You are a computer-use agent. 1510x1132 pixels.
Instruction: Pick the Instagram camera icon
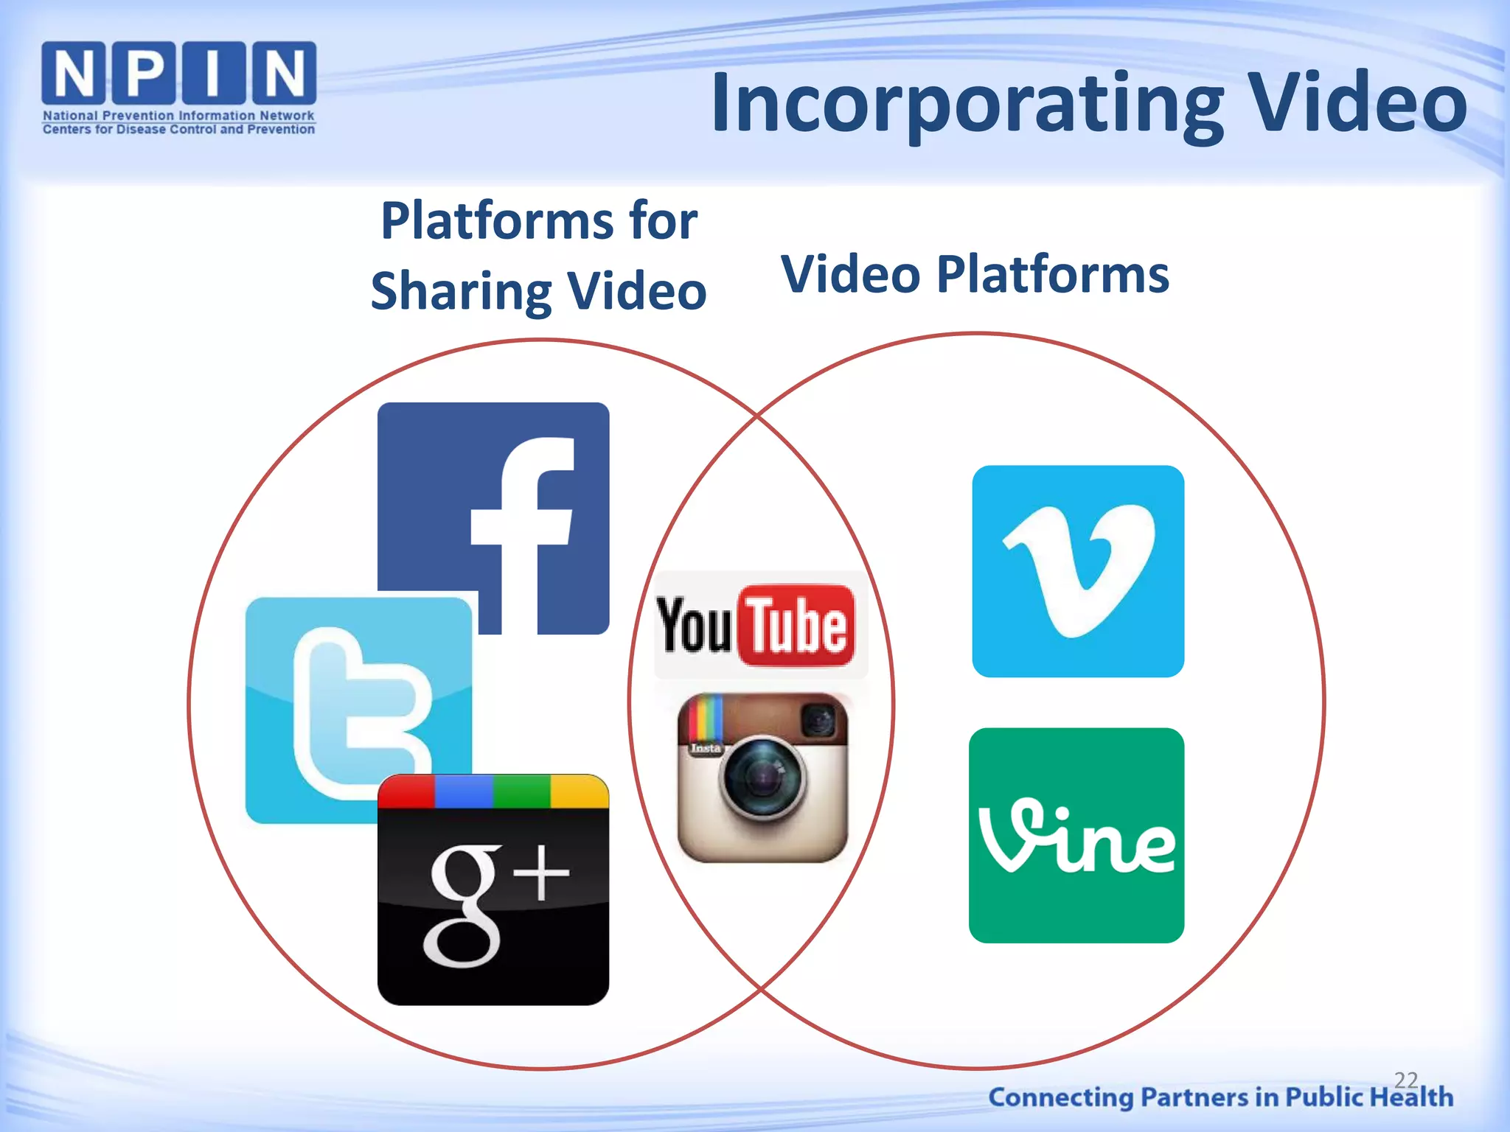(762, 777)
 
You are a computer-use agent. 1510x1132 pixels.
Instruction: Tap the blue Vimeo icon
(1078, 570)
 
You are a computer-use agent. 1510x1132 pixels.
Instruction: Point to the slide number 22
(1406, 1080)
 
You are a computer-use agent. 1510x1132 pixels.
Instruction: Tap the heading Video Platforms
(975, 274)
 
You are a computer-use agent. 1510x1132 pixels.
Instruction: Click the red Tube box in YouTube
(796, 626)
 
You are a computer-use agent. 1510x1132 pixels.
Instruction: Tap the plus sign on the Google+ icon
(542, 873)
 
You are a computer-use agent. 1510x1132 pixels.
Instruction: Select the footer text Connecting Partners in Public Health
(1220, 1097)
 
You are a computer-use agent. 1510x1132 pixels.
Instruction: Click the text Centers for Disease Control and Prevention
(178, 130)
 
